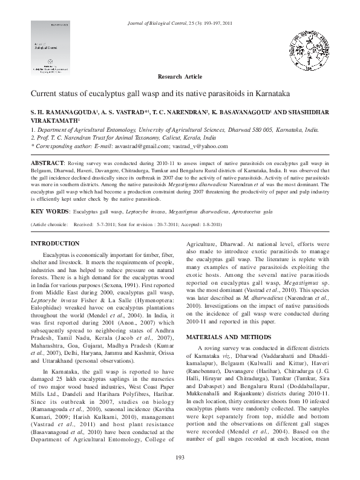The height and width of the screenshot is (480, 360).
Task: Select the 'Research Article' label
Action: pyautogui.click(x=180, y=78)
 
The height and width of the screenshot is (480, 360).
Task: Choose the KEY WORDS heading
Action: pyautogui.click(x=49, y=212)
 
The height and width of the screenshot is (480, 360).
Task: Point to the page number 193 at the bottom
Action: pyautogui.click(x=180, y=473)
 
